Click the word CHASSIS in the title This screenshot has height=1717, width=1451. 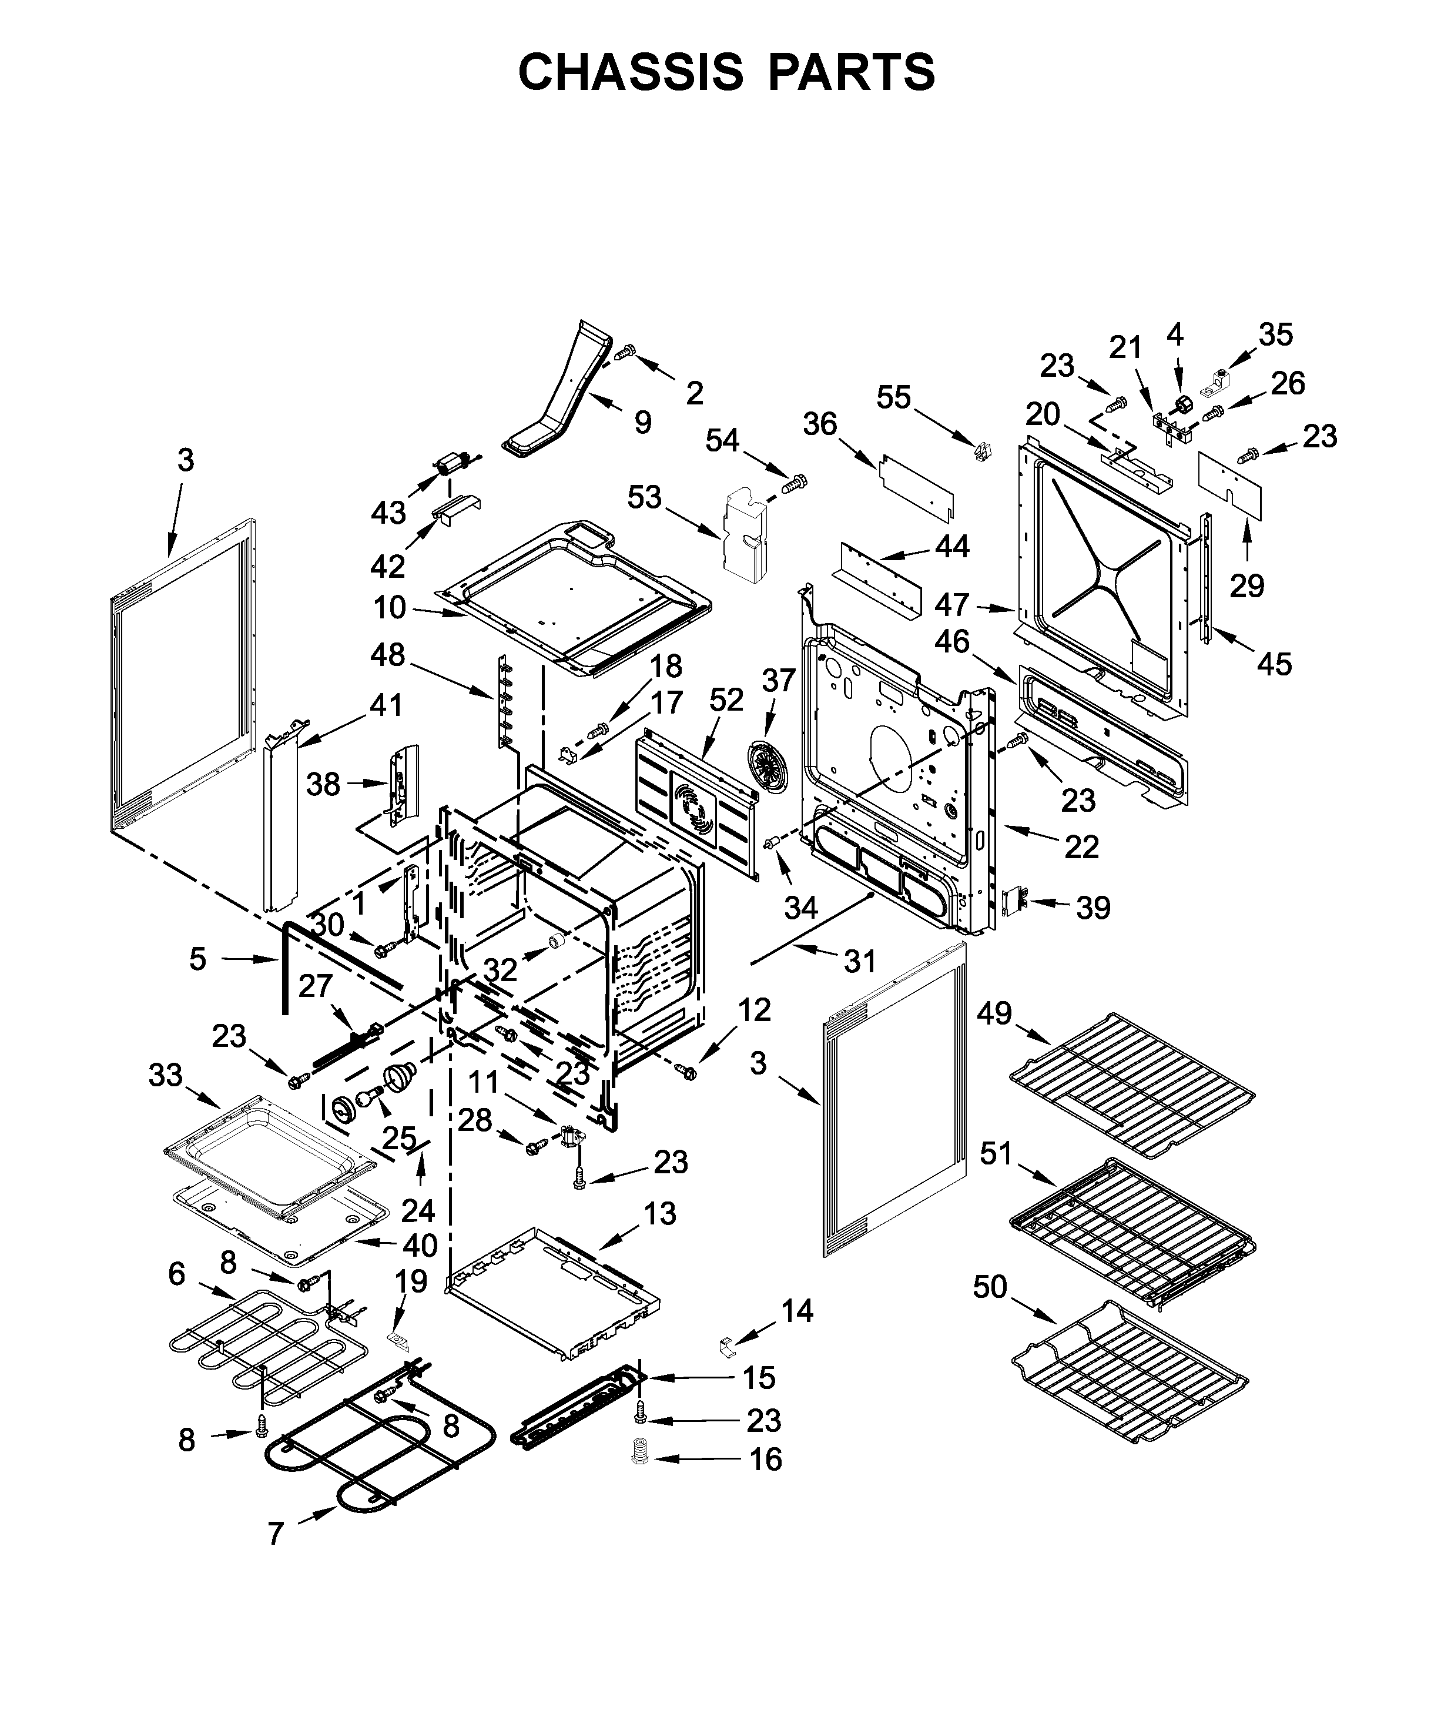click(630, 72)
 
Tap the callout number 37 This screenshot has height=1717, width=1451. click(778, 680)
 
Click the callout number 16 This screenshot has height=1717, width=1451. click(765, 1460)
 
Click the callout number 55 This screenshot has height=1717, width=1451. click(893, 397)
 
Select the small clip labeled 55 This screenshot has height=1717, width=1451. click(981, 451)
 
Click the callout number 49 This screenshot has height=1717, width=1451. click(994, 1013)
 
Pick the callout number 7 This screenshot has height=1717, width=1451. click(276, 1534)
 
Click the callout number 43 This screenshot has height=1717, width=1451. click(388, 513)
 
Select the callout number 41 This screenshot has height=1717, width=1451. click(386, 705)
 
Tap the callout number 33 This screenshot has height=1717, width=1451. click(165, 1075)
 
